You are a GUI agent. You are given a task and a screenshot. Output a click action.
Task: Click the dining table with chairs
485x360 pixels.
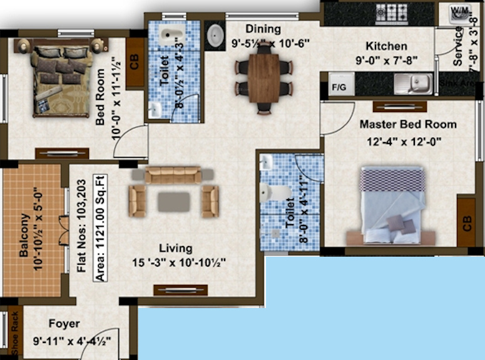tap(263, 78)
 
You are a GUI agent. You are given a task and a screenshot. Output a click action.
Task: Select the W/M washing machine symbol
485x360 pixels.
tap(460, 13)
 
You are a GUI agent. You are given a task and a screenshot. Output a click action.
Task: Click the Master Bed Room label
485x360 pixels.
tap(407, 124)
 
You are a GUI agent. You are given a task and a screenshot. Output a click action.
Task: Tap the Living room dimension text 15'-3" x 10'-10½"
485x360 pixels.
tap(180, 262)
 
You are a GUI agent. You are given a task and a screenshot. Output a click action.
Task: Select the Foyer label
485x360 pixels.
tap(64, 324)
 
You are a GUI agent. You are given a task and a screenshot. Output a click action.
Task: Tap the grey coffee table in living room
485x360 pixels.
tap(173, 202)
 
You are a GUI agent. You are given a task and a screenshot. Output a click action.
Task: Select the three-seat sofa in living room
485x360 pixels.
tap(173, 175)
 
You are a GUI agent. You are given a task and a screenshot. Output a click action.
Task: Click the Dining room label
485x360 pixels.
tap(263, 29)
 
